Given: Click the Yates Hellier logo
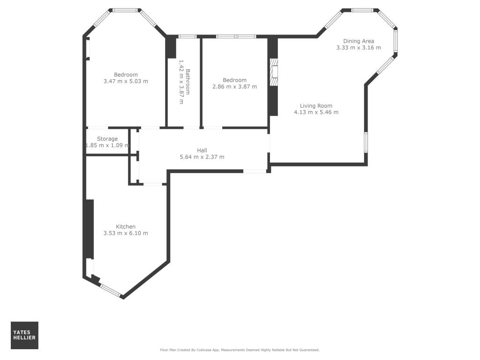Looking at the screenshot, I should (24, 335).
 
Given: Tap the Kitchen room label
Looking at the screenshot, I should (126, 226).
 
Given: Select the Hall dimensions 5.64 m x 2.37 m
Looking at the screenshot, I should (202, 157).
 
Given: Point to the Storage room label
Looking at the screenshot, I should (107, 139).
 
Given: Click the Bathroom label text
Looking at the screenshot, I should (188, 82).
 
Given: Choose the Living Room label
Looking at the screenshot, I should (316, 105).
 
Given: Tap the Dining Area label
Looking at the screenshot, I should (359, 41).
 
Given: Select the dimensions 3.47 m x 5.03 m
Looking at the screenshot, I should (126, 81).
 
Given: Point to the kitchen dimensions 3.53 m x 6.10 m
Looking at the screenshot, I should (126, 233).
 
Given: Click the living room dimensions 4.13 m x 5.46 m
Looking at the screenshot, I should (316, 112).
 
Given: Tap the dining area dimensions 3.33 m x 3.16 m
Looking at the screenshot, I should (359, 47).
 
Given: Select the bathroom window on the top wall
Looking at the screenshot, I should (187, 36).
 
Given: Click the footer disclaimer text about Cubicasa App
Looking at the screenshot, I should (240, 350).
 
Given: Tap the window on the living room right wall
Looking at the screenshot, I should (366, 142).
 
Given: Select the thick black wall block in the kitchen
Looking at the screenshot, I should (89, 228).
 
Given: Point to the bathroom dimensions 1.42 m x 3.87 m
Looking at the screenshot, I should (181, 82).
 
